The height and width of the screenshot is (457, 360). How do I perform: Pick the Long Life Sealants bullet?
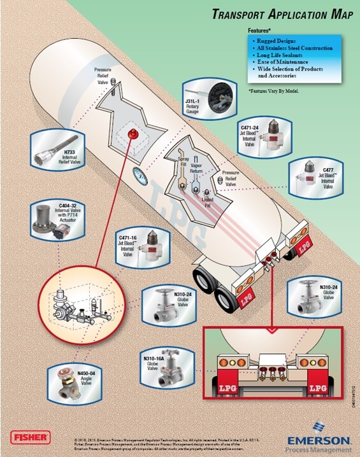click(280, 55)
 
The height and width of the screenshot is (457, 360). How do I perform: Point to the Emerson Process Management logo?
click(318, 442)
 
